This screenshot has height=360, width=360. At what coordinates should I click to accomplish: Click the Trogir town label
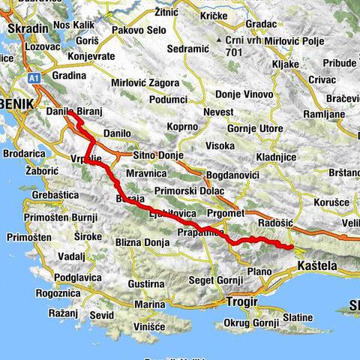click(242, 302)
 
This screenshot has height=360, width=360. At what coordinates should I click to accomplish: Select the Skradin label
click(28, 28)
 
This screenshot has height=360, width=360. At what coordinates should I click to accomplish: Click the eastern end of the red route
click(290, 246)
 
